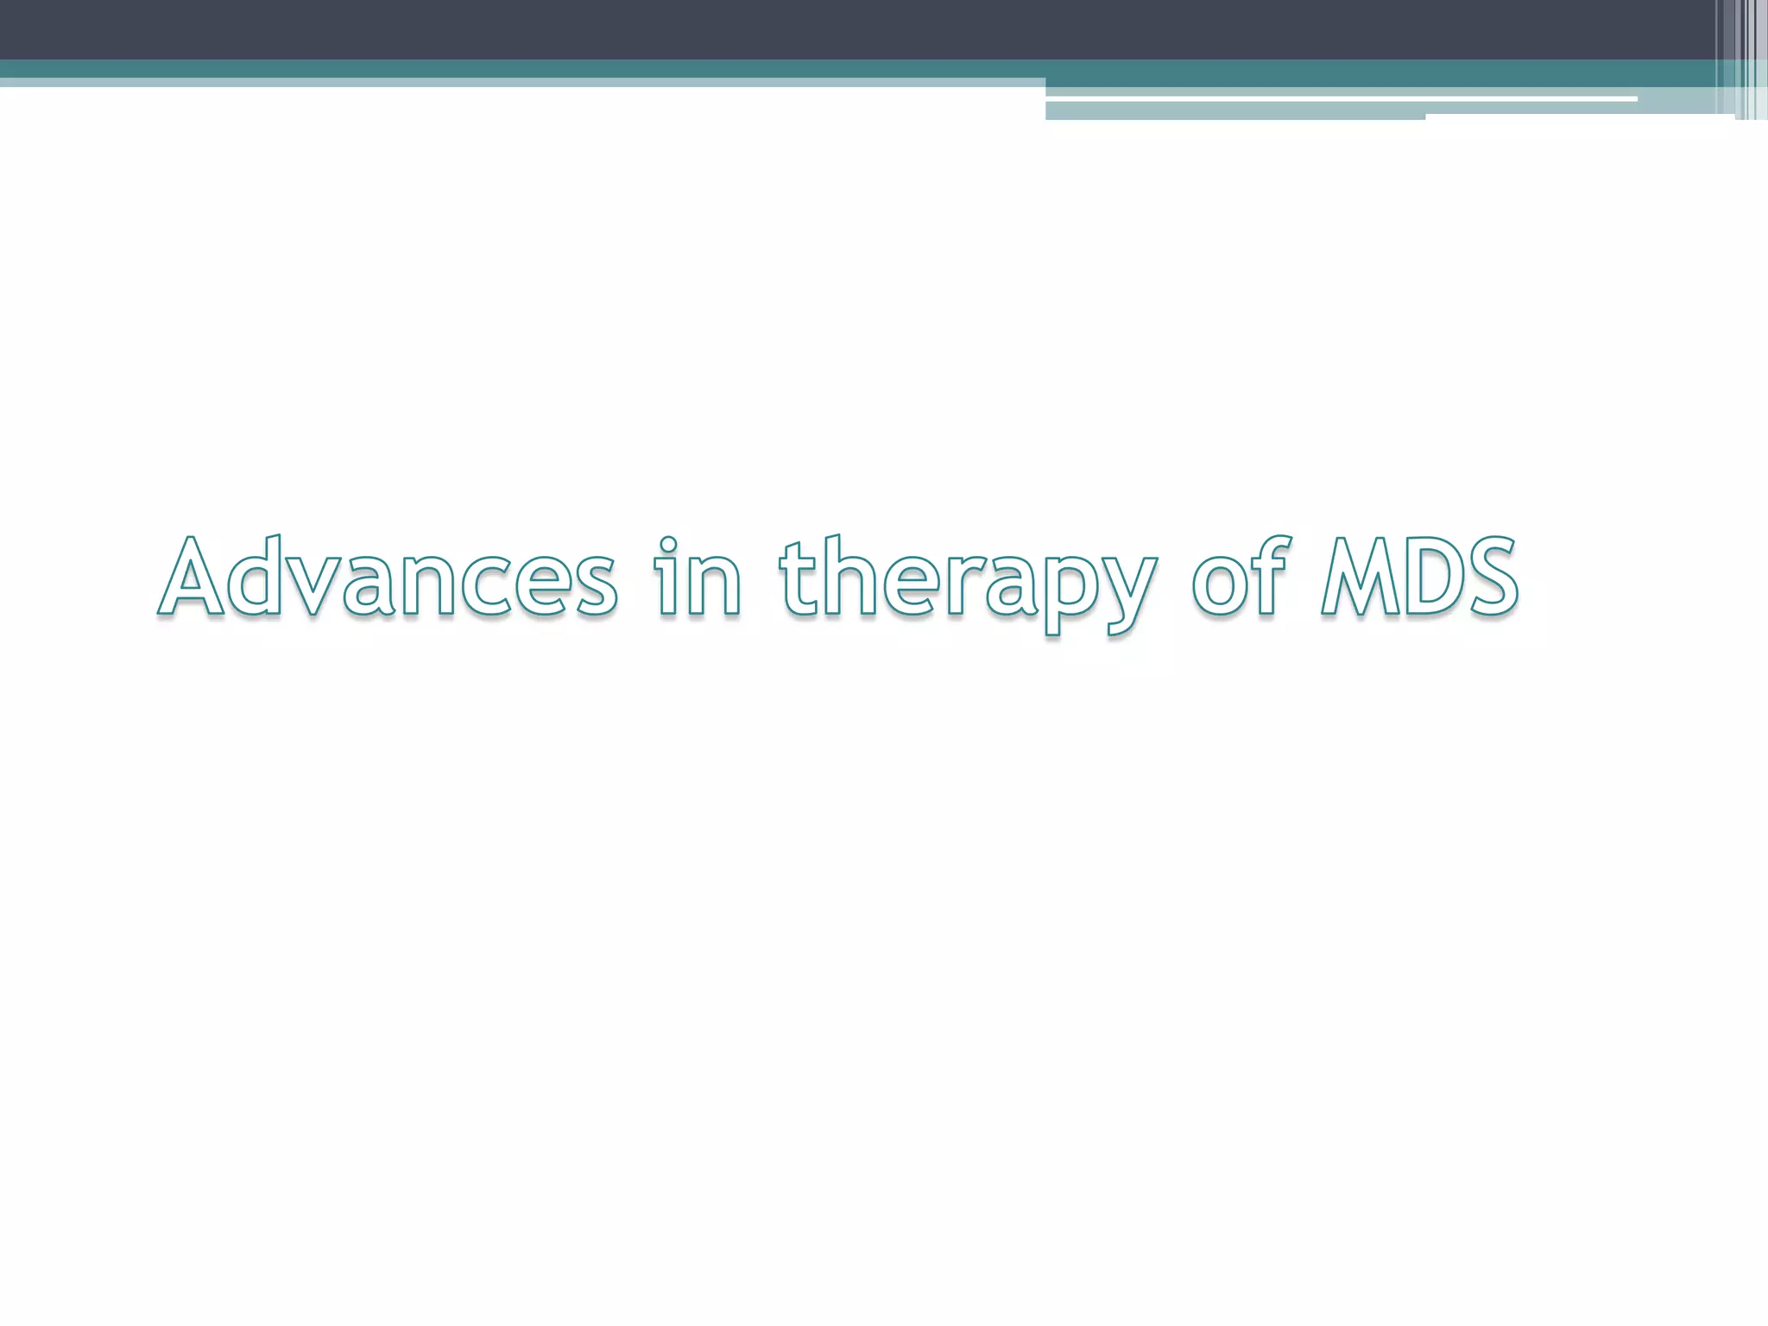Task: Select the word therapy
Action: click(965, 580)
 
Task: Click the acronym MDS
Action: click(1419, 577)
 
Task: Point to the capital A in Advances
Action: click(192, 577)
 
